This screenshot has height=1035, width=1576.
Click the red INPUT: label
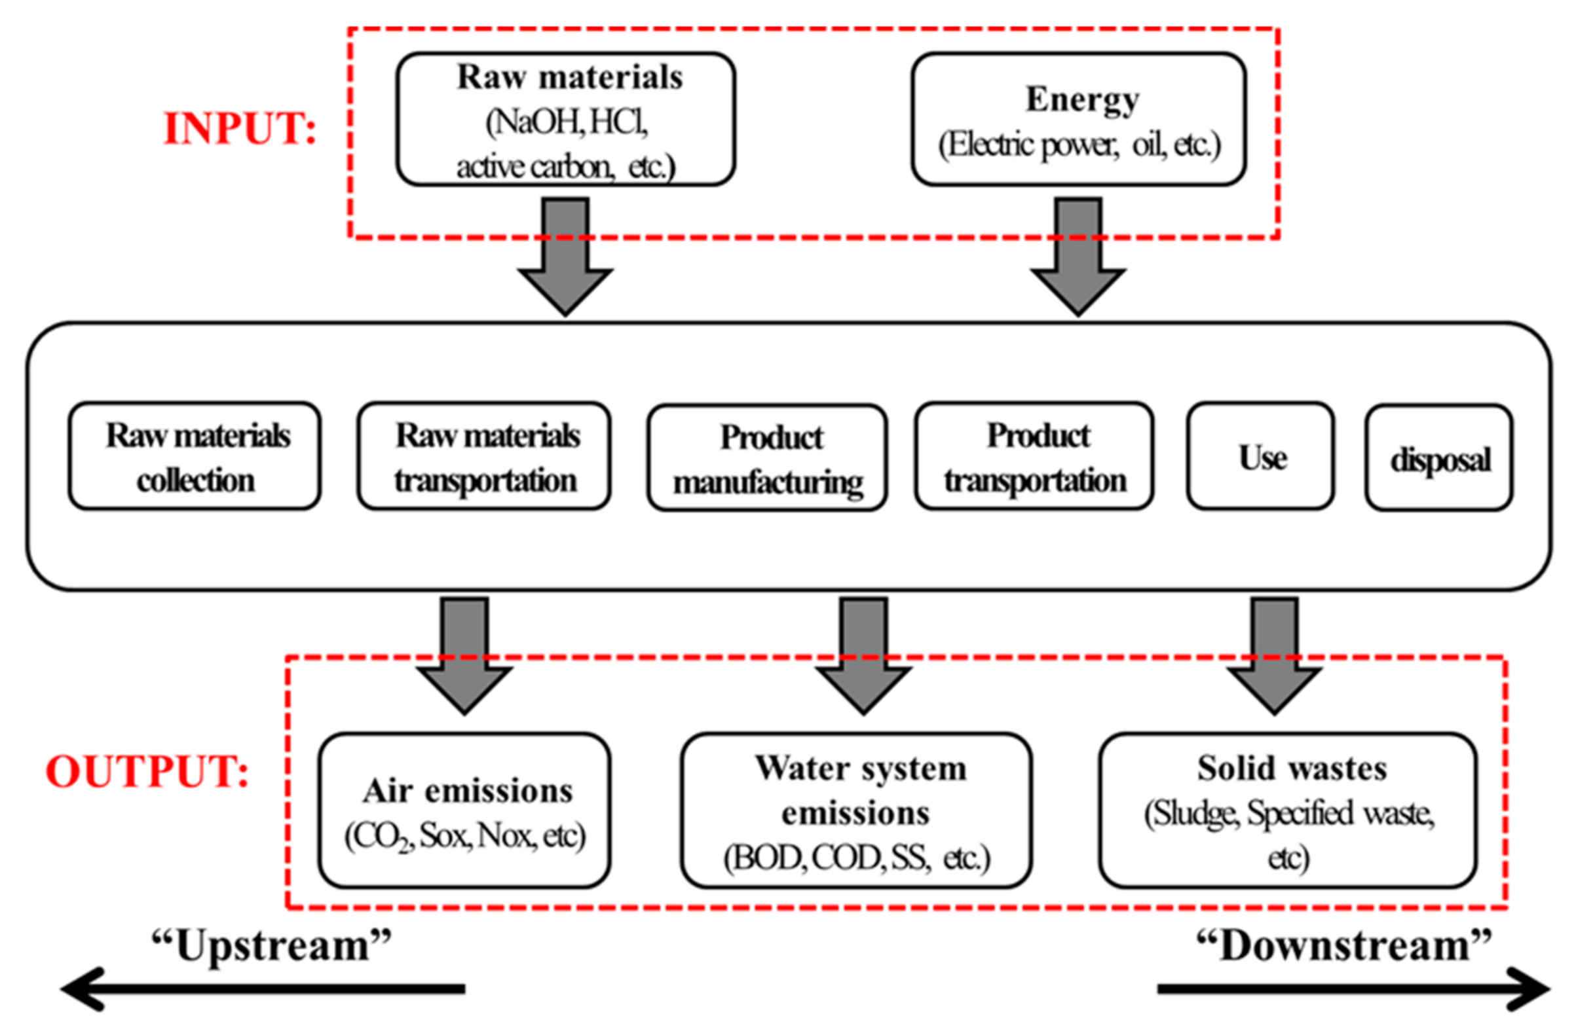[240, 128]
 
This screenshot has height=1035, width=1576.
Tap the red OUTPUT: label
[147, 772]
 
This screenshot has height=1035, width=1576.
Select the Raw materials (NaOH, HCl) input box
[565, 120]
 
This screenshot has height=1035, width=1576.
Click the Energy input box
[1078, 120]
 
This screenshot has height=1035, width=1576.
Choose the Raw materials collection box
[195, 457]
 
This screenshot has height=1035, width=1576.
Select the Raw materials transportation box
[484, 457]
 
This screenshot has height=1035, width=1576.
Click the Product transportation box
[1034, 457]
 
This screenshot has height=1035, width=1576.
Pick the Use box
[1260, 457]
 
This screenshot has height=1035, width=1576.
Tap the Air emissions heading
[468, 791]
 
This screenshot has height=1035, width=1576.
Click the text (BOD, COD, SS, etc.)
[856, 858]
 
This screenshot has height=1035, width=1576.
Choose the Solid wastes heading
[1291, 769]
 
